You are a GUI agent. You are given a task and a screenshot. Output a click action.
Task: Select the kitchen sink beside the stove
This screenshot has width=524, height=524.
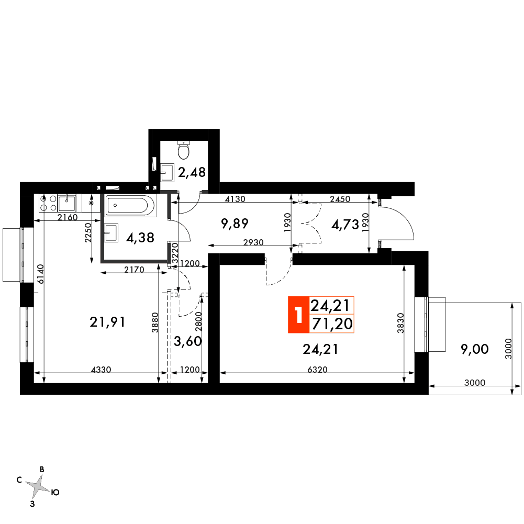coord(67,203)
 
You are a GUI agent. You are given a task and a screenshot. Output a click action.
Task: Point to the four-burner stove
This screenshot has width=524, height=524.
coord(48,203)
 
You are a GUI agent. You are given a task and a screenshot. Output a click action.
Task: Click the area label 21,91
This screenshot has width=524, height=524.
coord(108,322)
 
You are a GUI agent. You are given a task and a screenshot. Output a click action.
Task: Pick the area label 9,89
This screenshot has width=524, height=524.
coord(235,223)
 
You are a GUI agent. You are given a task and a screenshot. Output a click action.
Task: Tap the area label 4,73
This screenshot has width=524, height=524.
coord(345,225)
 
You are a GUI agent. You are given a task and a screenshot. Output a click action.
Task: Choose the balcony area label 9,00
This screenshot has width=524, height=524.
coord(475,349)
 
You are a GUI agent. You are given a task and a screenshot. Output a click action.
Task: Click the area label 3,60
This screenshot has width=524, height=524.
coord(188,341)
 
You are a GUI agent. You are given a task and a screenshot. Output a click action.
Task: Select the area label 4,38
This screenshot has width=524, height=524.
coord(140,238)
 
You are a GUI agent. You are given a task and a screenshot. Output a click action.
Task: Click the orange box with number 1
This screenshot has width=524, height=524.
coord(299,315)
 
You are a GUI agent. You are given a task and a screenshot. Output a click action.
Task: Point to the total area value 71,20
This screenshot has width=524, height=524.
coord(332,324)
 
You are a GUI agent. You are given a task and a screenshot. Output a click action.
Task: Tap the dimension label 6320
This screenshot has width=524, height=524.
coord(317,369)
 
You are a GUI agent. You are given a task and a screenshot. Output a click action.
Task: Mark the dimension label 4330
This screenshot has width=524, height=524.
coord(101,369)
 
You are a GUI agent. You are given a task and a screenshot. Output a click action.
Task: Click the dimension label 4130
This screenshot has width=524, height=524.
coord(235,199)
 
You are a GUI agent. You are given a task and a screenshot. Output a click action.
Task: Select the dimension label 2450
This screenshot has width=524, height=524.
coord(340,199)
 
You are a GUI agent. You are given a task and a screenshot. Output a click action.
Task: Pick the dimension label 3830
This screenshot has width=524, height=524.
coord(400,323)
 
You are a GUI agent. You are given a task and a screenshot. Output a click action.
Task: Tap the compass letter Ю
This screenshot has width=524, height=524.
coord(55,492)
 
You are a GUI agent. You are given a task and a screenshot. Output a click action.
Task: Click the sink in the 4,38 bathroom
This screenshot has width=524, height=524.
coord(111,232)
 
